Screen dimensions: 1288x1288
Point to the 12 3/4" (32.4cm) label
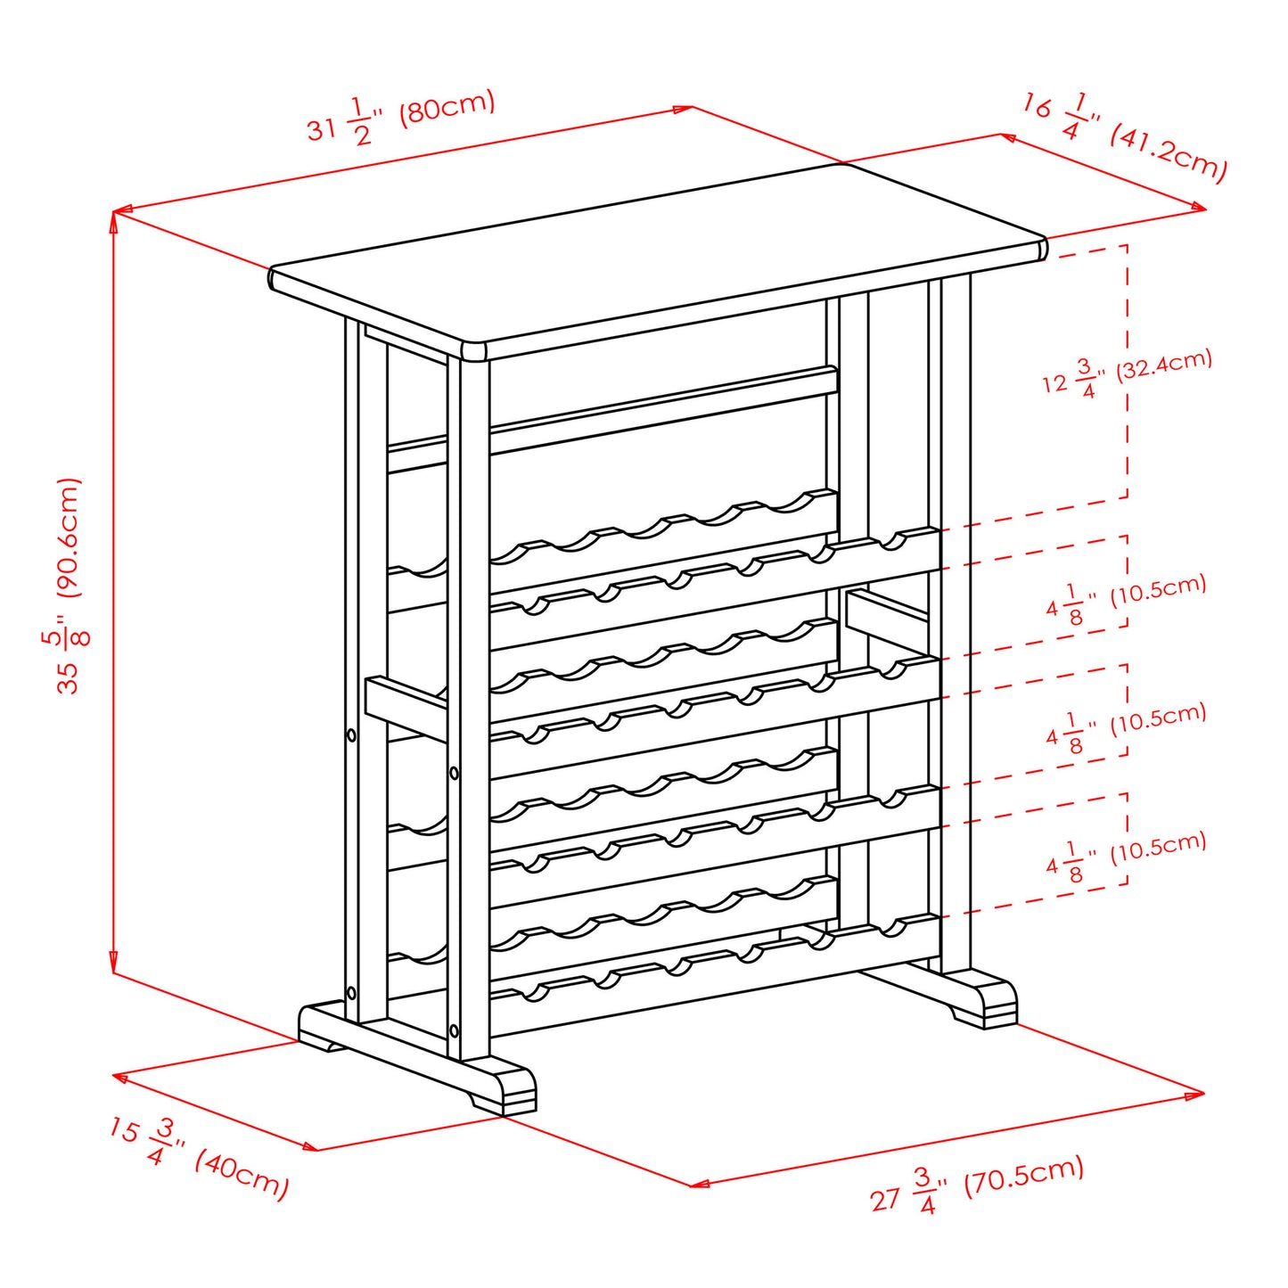pos(1127,373)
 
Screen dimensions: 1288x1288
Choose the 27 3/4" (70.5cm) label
pos(977,1183)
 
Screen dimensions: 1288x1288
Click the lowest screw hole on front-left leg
pos(455,1030)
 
